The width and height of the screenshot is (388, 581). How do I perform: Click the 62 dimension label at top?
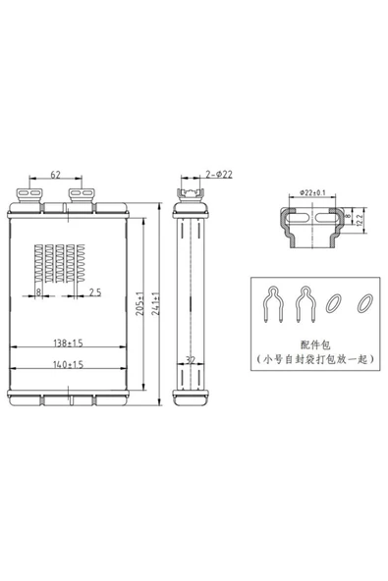(55, 174)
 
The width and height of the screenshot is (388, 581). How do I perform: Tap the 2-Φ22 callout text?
(219, 174)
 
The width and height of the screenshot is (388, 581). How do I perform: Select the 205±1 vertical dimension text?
(139, 304)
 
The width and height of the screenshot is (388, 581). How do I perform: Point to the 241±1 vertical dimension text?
(155, 304)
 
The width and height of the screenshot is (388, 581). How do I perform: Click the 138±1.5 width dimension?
(68, 343)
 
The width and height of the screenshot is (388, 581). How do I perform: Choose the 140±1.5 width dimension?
(68, 365)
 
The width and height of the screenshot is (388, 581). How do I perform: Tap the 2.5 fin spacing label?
(95, 292)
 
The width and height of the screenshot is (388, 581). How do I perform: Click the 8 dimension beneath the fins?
(38, 292)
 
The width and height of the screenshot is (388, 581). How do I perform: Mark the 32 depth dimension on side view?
(191, 360)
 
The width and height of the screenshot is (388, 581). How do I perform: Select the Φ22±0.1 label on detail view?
(312, 192)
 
